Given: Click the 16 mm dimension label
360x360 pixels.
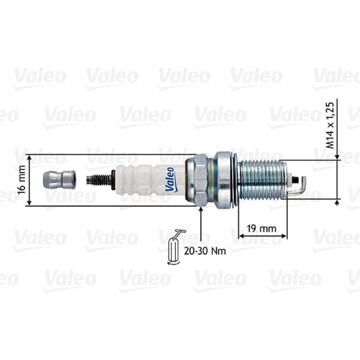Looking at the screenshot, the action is coord(21,180).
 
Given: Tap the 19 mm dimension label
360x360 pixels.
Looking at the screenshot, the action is coord(261,229).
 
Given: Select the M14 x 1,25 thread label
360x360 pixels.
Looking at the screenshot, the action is coord(330,126).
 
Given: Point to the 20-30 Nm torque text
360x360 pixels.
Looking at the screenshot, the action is coord(205,251).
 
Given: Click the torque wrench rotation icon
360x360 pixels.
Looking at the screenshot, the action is coord(175,248).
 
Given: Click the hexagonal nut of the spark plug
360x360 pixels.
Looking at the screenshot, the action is coord(200,180).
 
